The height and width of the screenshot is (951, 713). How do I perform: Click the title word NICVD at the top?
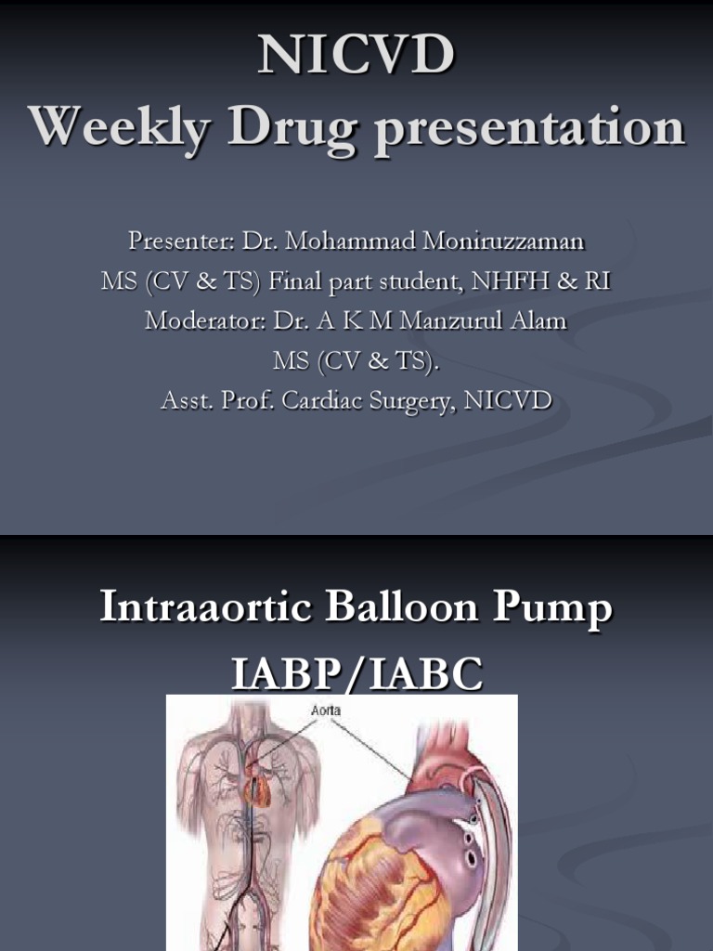pyautogui.click(x=356, y=55)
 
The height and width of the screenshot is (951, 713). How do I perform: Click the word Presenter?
pyautogui.click(x=180, y=241)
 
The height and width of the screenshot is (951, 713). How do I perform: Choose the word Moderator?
pyautogui.click(x=204, y=321)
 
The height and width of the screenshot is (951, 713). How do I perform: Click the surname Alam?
pyautogui.click(x=542, y=321)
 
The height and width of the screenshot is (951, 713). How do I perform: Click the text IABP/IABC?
pyautogui.click(x=356, y=675)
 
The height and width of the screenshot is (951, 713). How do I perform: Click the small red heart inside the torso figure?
pyautogui.click(x=257, y=788)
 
